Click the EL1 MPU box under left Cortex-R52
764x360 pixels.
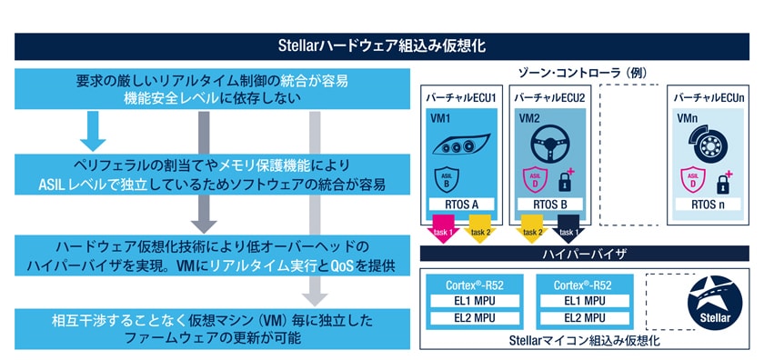(470, 300)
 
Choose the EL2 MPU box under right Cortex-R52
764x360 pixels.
(586, 318)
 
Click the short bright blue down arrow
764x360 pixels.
(90, 129)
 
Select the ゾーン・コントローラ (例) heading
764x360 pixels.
(588, 72)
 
